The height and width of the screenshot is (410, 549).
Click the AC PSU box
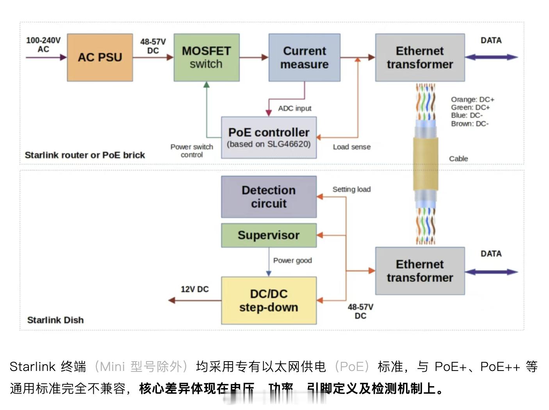pyautogui.click(x=100, y=57)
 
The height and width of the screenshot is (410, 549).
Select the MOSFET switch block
pyautogui.click(x=206, y=57)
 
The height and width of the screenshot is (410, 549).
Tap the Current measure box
pyautogui.click(x=304, y=57)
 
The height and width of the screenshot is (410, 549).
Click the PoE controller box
pyautogui.click(x=269, y=137)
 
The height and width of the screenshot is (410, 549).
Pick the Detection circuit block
pyautogui.click(x=269, y=197)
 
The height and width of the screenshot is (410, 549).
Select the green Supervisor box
pyautogui.click(x=269, y=235)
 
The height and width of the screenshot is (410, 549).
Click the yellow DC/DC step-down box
pyautogui.click(x=269, y=300)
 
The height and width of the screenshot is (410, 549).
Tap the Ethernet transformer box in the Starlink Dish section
pyautogui.click(x=420, y=271)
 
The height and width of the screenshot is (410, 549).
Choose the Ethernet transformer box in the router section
pyautogui.click(x=420, y=57)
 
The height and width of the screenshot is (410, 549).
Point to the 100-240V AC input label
pyautogui.click(x=43, y=45)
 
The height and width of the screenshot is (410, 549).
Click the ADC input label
pyautogui.click(x=294, y=108)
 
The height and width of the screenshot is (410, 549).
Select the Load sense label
pyautogui.click(x=351, y=147)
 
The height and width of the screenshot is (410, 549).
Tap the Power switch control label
pyautogui.click(x=192, y=151)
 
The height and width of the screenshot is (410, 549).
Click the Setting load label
pyautogui.click(x=351, y=189)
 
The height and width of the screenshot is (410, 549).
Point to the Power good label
pyautogui.click(x=292, y=260)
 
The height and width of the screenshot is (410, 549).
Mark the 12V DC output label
pyautogui.click(x=194, y=289)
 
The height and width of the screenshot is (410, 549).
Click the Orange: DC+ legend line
pyautogui.click(x=472, y=100)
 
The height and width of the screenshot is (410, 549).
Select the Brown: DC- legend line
pyautogui.click(x=470, y=124)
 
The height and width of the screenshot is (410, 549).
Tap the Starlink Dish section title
pyautogui.click(x=55, y=320)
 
